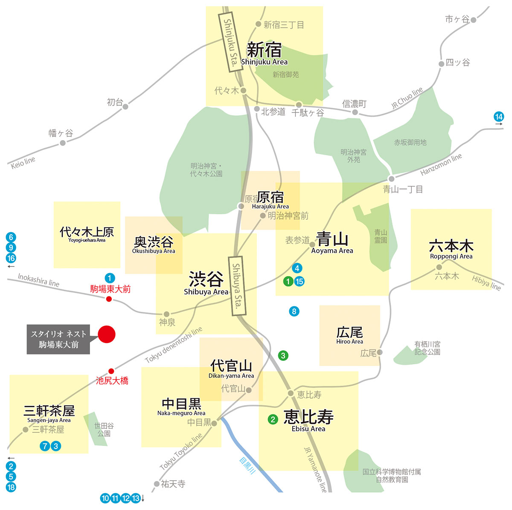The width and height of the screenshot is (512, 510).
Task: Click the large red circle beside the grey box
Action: click(x=107, y=334)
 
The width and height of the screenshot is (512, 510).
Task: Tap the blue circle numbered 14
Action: click(x=498, y=116)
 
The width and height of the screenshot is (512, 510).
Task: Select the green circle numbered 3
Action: click(x=283, y=355)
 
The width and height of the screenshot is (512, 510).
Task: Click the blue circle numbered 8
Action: click(x=294, y=311)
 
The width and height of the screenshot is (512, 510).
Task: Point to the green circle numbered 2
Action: click(x=273, y=420)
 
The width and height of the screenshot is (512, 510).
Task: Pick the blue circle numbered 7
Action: click(x=45, y=446)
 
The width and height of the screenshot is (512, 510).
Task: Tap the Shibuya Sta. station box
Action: click(x=237, y=286)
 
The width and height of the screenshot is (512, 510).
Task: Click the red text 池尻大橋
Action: click(x=112, y=381)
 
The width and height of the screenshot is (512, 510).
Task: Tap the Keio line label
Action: click(x=23, y=162)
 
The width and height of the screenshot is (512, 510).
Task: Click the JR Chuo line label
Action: click(x=407, y=98)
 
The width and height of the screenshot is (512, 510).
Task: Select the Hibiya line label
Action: click(x=486, y=283)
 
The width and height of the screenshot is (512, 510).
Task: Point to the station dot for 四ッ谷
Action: click(x=441, y=64)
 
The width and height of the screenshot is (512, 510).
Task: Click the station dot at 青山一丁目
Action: click(x=391, y=179)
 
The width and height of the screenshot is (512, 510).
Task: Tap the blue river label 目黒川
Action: click(x=247, y=466)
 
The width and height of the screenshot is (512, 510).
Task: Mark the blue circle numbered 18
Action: click(x=11, y=487)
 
